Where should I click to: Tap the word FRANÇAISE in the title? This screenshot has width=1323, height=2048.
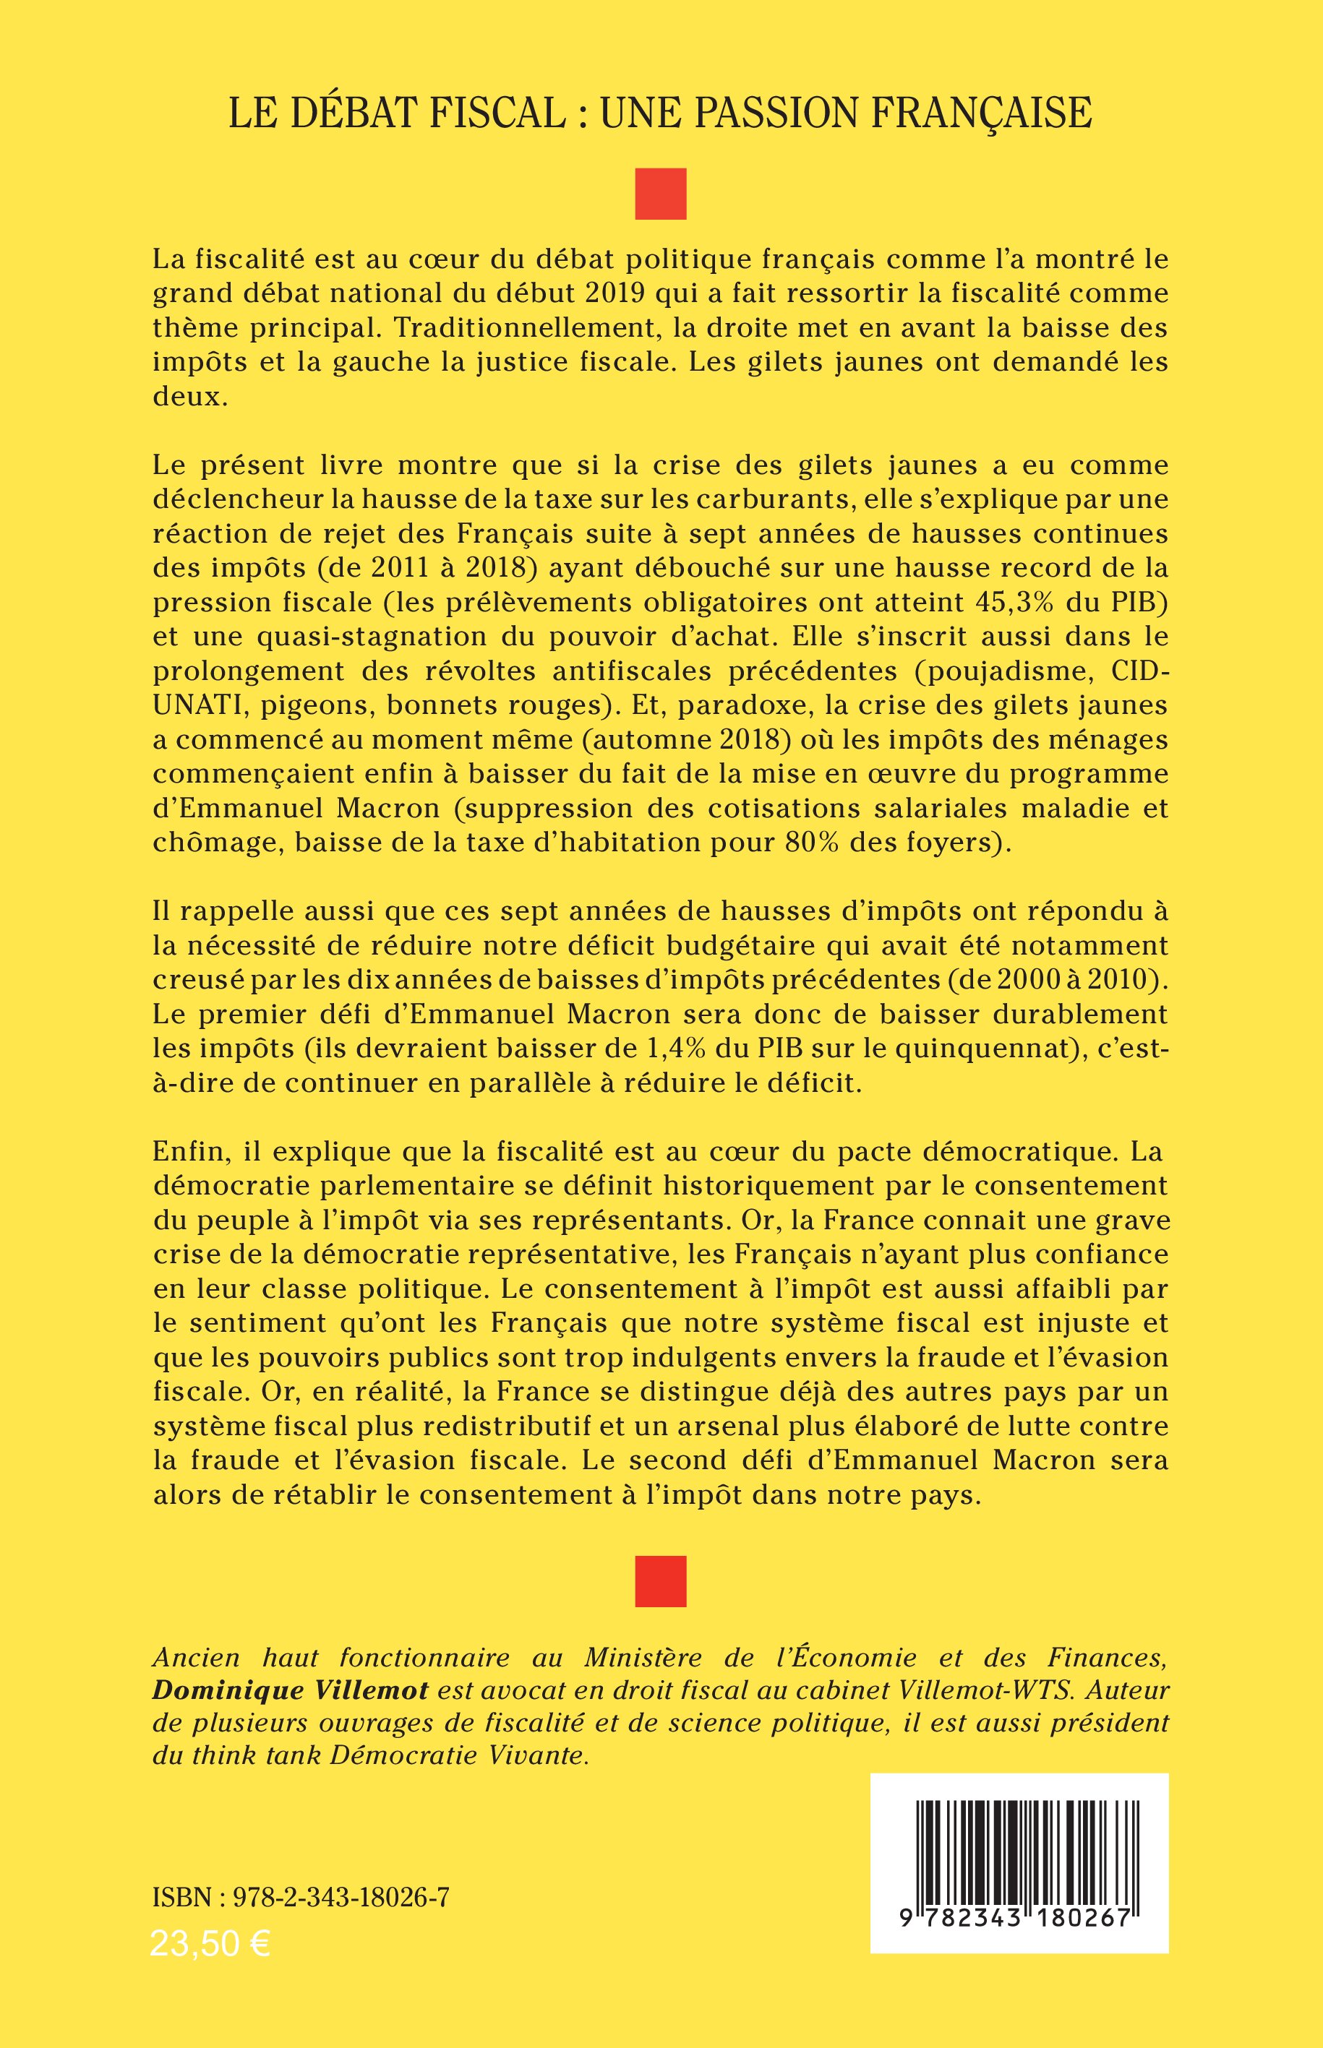tap(980, 113)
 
